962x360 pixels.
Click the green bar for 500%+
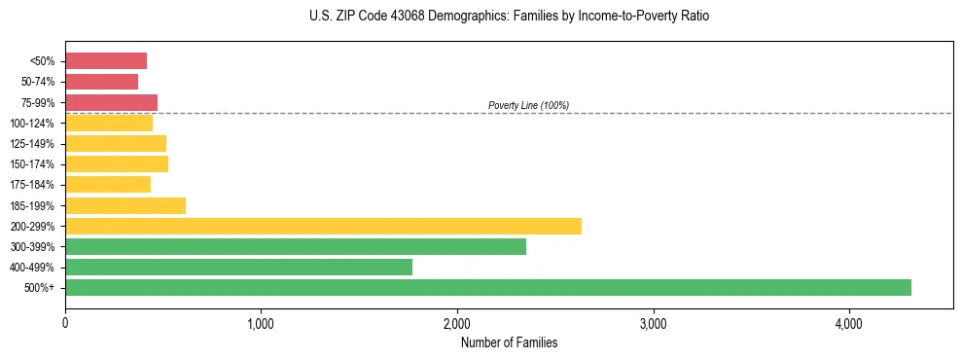coord(487,287)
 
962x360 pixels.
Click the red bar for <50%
coord(106,61)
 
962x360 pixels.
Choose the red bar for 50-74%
coord(101,82)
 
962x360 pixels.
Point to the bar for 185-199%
coord(125,205)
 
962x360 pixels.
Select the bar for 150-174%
coord(117,163)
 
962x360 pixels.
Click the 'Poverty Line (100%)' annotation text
coord(528,105)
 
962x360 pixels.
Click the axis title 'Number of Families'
coord(509,342)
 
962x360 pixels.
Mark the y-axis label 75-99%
coord(38,103)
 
